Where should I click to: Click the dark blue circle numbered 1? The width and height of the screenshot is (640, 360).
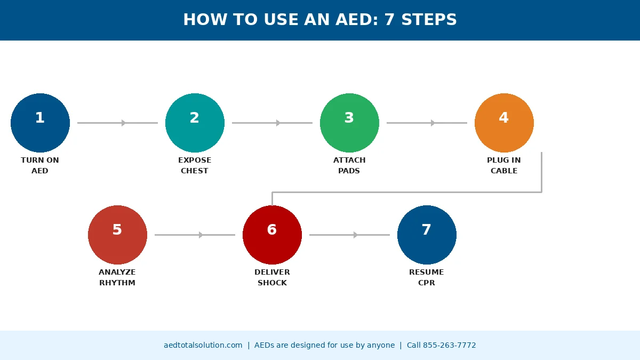pyautogui.click(x=40, y=123)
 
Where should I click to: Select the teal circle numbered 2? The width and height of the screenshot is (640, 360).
pyautogui.click(x=195, y=123)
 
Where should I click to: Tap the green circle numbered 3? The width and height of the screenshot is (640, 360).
pyautogui.click(x=349, y=123)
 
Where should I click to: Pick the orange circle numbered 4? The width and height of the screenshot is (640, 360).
pyautogui.click(x=504, y=123)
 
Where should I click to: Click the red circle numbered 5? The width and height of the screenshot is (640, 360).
pyautogui.click(x=117, y=235)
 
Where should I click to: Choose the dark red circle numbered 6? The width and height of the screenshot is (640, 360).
pyautogui.click(x=272, y=235)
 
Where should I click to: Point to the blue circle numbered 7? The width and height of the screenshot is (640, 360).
pyautogui.click(x=427, y=235)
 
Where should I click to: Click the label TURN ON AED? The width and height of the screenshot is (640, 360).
pyautogui.click(x=40, y=165)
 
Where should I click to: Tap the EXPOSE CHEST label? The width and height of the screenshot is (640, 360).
pyautogui.click(x=195, y=165)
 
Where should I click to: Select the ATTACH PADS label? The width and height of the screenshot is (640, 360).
pyautogui.click(x=349, y=165)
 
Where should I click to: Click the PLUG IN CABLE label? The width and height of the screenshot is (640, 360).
pyautogui.click(x=504, y=165)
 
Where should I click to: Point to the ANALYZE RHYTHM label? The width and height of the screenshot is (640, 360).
pyautogui.click(x=117, y=277)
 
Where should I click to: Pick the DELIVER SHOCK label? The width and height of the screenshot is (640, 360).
pyautogui.click(x=272, y=277)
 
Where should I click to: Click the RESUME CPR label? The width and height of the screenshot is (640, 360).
pyautogui.click(x=427, y=277)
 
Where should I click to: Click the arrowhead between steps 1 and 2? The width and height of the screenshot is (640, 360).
pyautogui.click(x=123, y=123)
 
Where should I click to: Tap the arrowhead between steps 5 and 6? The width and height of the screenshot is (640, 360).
pyautogui.click(x=201, y=235)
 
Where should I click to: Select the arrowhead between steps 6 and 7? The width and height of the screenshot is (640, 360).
pyautogui.click(x=355, y=235)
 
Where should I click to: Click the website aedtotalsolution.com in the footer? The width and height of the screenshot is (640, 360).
pyautogui.click(x=203, y=345)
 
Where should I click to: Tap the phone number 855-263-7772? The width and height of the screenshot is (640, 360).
pyautogui.click(x=450, y=345)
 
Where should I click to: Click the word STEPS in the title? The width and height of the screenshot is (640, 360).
pyautogui.click(x=429, y=19)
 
